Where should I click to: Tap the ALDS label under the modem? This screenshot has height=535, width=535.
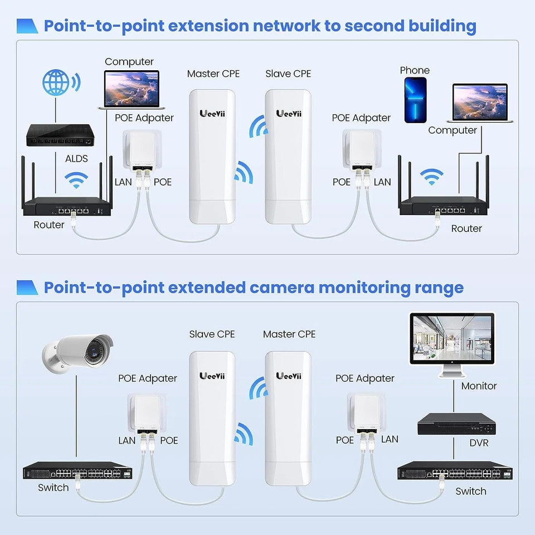coord(76,158)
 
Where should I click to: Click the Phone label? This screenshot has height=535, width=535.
coord(415,70)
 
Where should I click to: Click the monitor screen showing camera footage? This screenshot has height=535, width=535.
coord(452,338)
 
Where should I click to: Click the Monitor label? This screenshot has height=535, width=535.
coord(479,386)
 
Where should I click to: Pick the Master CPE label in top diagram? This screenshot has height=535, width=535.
coord(213,74)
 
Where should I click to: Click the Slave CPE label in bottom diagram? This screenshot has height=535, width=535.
coord(212,334)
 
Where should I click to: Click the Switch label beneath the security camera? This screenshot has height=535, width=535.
coord(53,488)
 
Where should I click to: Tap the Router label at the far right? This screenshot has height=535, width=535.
coord(466,228)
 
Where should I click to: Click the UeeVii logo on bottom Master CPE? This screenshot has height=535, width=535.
coord(289,376)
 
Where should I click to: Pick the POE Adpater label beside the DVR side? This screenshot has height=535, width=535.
coord(365,378)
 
